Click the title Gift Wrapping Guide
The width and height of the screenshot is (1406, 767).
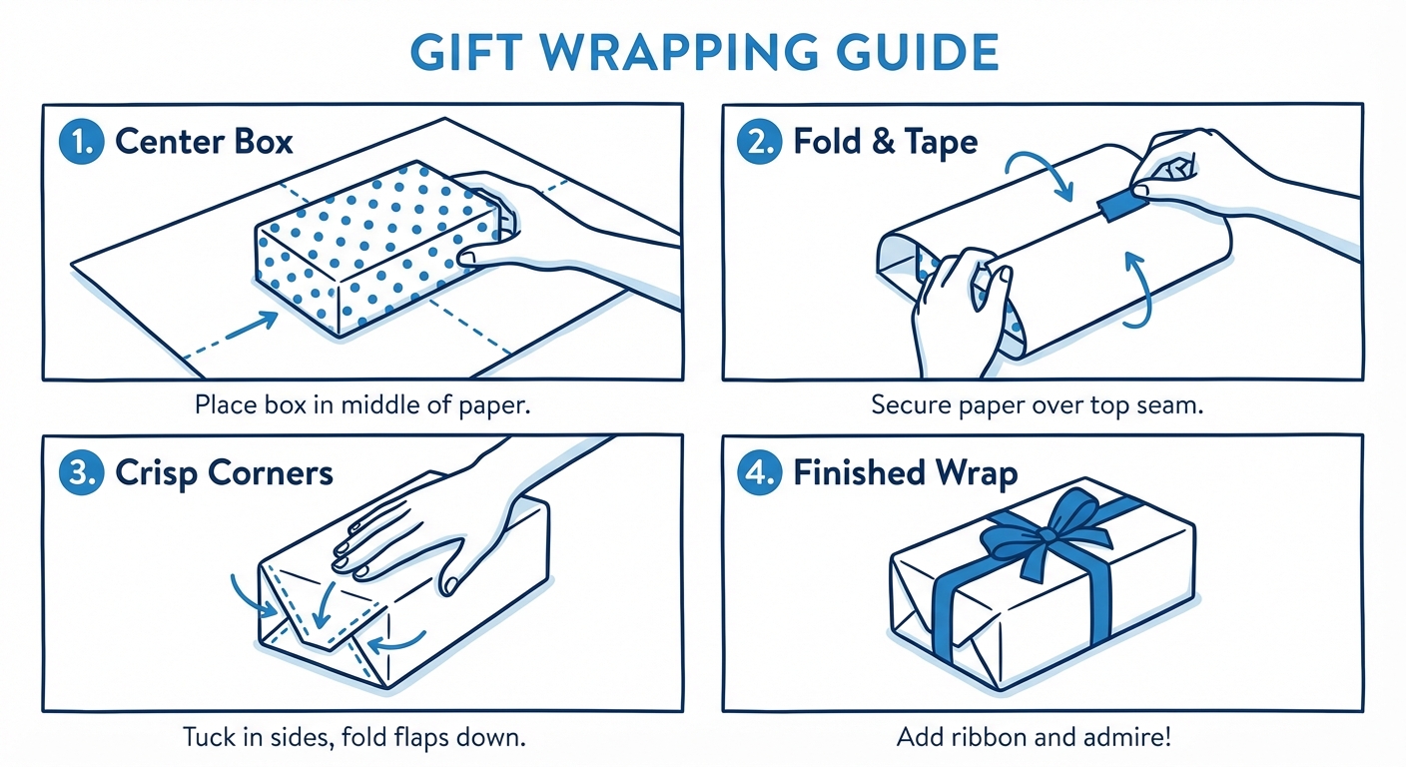(703, 52)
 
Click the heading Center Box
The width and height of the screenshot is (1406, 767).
(204, 142)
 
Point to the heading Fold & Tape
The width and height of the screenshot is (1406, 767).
(885, 142)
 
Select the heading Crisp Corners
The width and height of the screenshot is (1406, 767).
(224, 472)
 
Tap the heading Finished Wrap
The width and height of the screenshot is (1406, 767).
(905, 472)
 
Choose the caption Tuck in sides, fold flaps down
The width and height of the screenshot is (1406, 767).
(353, 738)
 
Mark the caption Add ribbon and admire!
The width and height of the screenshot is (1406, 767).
(1034, 738)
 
